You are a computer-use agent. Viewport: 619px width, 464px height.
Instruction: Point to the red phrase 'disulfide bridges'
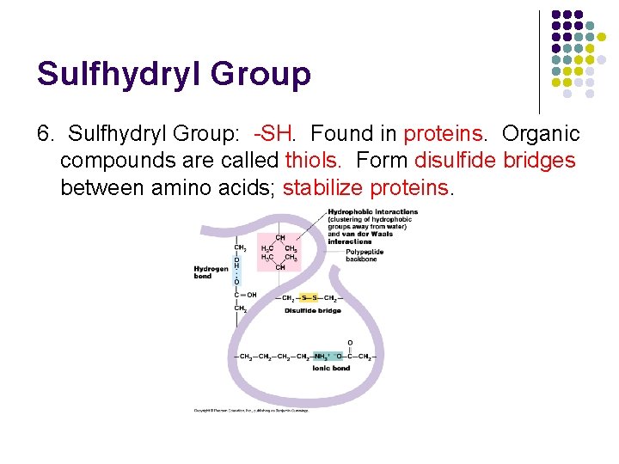[494, 161]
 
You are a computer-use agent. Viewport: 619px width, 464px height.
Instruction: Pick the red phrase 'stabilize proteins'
[365, 187]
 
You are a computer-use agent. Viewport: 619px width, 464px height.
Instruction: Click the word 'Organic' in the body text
[541, 134]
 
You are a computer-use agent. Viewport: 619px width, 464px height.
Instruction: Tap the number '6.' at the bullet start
[47, 134]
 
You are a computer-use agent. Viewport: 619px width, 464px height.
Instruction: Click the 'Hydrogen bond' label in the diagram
[210, 272]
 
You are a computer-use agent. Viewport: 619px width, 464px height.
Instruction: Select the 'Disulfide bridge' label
[313, 310]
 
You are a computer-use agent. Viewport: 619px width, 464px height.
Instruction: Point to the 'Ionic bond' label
[331, 368]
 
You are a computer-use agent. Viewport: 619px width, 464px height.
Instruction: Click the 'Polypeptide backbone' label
[365, 255]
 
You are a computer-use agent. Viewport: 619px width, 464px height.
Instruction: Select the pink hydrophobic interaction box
[280, 250]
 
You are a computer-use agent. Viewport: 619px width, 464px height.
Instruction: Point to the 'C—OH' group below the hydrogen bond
[246, 295]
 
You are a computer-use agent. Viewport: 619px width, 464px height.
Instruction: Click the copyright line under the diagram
[250, 410]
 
